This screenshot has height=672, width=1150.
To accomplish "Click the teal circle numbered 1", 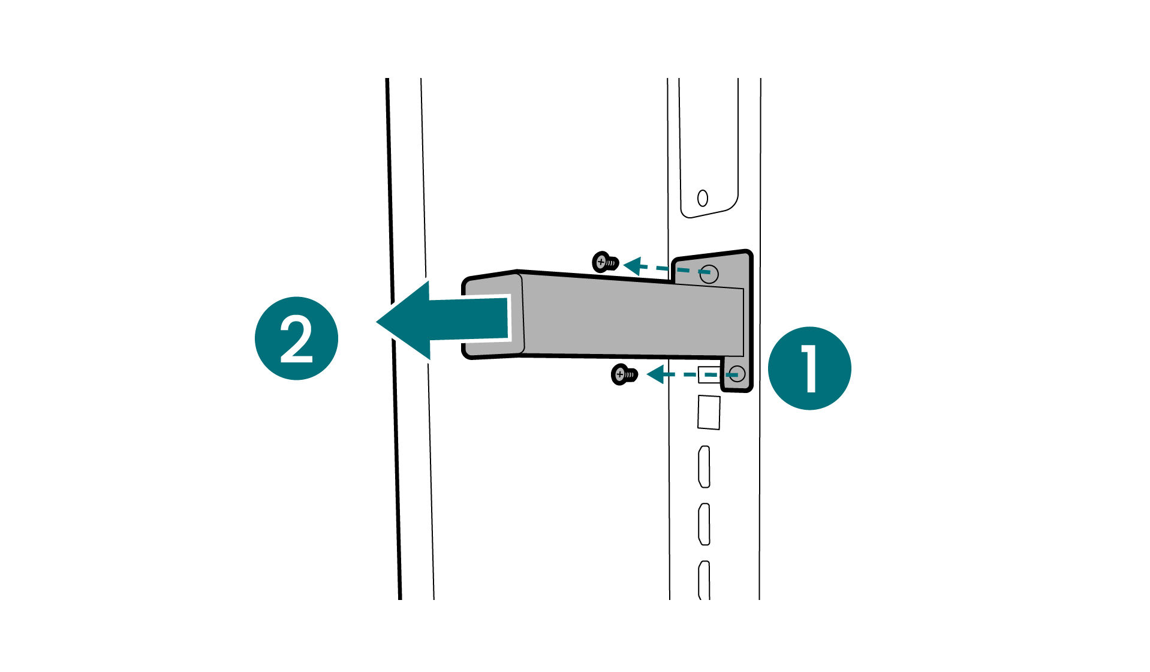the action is [x=809, y=368].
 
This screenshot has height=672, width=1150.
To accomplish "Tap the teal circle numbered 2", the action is [x=296, y=338].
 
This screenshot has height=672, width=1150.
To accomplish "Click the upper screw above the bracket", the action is [x=606, y=262].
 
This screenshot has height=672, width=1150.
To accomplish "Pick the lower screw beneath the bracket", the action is [x=624, y=375].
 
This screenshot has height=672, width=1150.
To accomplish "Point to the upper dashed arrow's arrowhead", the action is [x=633, y=265].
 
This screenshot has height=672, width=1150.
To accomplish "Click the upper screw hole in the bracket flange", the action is [x=709, y=274].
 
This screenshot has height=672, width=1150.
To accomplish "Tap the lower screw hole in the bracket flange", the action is [x=737, y=374].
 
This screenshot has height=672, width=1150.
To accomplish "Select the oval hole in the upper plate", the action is [x=703, y=198].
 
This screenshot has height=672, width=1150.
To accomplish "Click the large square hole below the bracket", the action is [x=709, y=412].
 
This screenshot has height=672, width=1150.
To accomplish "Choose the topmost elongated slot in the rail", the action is [x=705, y=467].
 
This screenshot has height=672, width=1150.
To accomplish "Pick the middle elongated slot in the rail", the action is [x=705, y=524].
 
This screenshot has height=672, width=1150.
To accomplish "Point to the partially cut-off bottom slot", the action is [x=705, y=580].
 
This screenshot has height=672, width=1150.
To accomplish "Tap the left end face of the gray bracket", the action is [x=492, y=316].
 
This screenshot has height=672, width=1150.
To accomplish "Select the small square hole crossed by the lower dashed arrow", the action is [x=708, y=375].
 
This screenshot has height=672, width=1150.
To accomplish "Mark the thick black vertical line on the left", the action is [x=393, y=338].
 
